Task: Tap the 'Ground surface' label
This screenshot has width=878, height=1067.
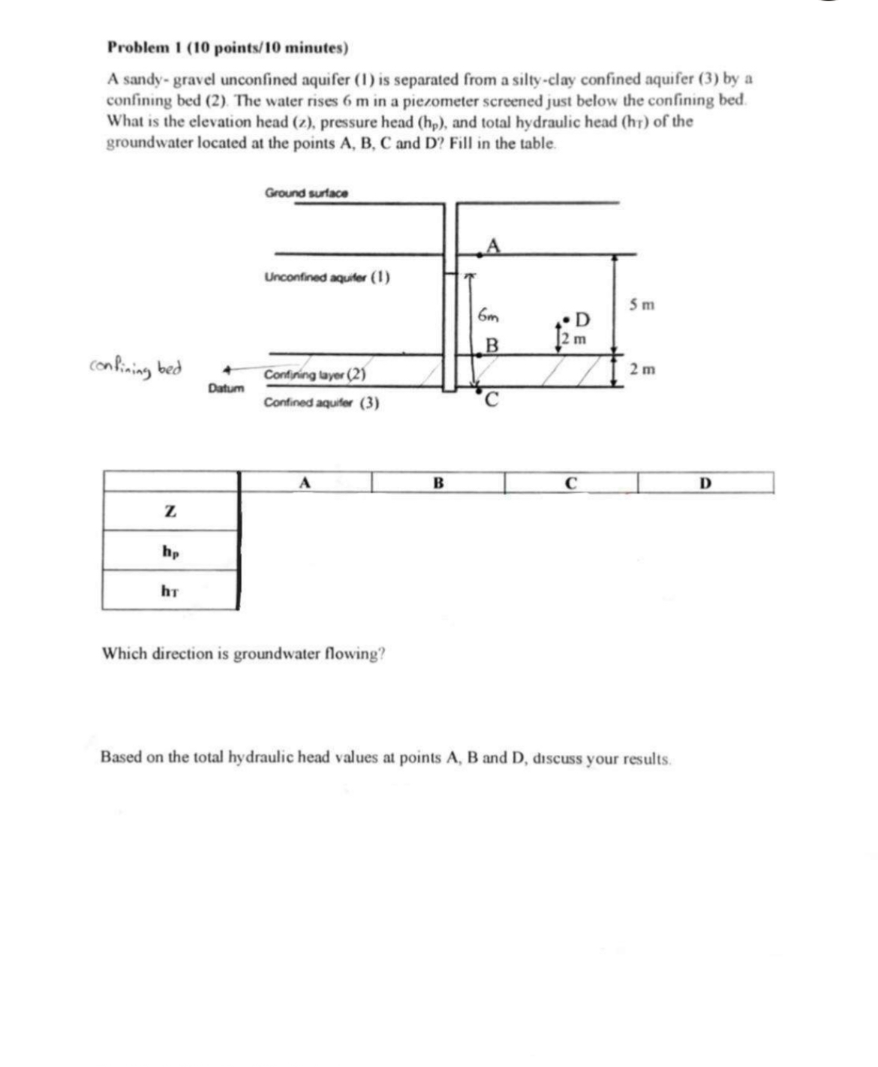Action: pyautogui.click(x=306, y=193)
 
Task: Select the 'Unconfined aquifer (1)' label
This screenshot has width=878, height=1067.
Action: pyautogui.click(x=326, y=278)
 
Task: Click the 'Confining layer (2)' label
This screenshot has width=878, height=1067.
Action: pyautogui.click(x=314, y=374)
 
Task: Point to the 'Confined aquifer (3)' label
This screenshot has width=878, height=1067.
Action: pyautogui.click(x=321, y=403)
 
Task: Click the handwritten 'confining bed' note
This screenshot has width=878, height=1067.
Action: pyautogui.click(x=136, y=368)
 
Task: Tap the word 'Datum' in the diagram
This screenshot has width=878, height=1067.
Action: pyautogui.click(x=226, y=388)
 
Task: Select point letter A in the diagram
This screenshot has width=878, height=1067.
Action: pyautogui.click(x=492, y=245)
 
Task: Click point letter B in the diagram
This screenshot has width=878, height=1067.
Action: pyautogui.click(x=492, y=345)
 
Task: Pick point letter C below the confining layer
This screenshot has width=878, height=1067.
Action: pyautogui.click(x=492, y=399)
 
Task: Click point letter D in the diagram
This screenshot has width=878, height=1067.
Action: pyautogui.click(x=582, y=321)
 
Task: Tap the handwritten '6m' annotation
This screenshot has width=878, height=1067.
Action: pyautogui.click(x=489, y=316)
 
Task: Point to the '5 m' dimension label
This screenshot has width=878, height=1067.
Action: pyautogui.click(x=642, y=305)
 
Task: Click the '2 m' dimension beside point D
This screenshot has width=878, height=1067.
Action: pyautogui.click(x=576, y=339)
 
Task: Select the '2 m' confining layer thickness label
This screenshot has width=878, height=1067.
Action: pyautogui.click(x=642, y=369)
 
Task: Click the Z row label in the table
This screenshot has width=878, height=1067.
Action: pyautogui.click(x=170, y=512)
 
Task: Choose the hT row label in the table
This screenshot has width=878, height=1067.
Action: pyautogui.click(x=170, y=591)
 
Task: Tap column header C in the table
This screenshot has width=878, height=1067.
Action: pyautogui.click(x=570, y=484)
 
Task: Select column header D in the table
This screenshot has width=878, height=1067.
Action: pyautogui.click(x=705, y=484)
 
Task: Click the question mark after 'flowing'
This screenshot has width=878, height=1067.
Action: pyautogui.click(x=383, y=654)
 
